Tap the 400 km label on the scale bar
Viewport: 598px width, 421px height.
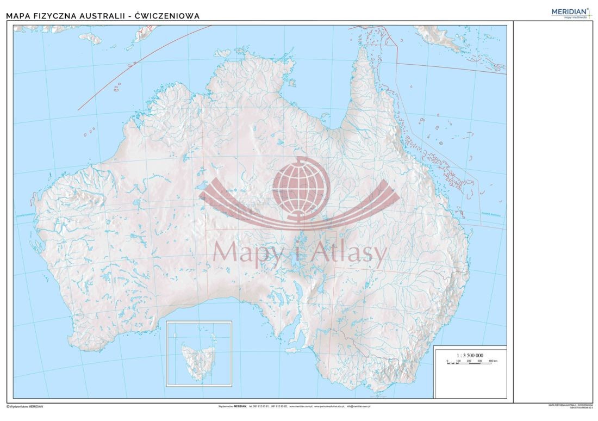(493, 361)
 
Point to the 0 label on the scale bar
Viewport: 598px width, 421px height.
(447, 361)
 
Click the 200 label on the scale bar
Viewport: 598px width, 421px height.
(469, 361)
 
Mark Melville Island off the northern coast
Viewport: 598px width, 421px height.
(222, 53)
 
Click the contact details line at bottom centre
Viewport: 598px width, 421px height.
(294, 406)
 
